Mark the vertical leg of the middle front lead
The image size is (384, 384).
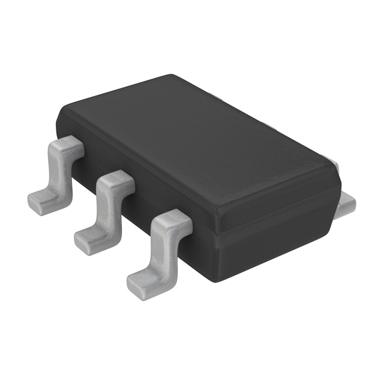108,207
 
